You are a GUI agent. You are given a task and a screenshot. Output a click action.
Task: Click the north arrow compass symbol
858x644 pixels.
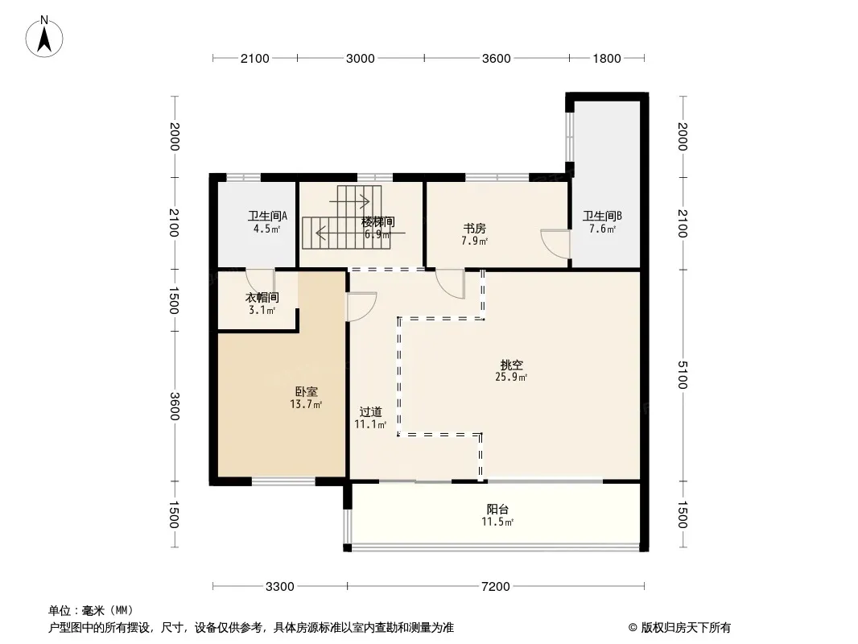(44, 36)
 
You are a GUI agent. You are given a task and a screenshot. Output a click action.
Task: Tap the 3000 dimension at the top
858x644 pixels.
(360, 59)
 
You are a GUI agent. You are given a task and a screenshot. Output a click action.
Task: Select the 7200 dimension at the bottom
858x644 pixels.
(495, 587)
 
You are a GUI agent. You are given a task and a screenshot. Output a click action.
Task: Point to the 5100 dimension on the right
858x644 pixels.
(682, 375)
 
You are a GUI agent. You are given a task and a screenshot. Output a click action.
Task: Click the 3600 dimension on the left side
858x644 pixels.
(175, 406)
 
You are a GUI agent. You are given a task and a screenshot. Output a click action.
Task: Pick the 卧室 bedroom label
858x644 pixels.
(307, 392)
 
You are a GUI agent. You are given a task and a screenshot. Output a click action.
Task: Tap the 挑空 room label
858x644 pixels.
(512, 365)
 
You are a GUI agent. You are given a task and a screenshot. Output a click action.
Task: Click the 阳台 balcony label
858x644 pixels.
(497, 510)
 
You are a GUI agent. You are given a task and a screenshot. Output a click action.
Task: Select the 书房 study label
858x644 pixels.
(474, 228)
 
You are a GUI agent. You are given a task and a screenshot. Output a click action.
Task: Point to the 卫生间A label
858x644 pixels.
(267, 216)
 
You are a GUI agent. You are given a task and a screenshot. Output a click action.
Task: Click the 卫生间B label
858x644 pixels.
(602, 216)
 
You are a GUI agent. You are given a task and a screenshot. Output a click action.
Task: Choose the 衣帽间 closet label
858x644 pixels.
(262, 298)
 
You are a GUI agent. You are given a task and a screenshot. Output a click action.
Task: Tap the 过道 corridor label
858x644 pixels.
(370, 412)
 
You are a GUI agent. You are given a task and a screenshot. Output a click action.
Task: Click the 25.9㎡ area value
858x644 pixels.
(511, 377)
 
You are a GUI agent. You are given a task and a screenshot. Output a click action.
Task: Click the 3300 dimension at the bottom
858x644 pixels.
(279, 587)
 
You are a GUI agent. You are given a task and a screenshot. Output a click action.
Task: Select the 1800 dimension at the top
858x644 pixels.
(607, 59)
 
